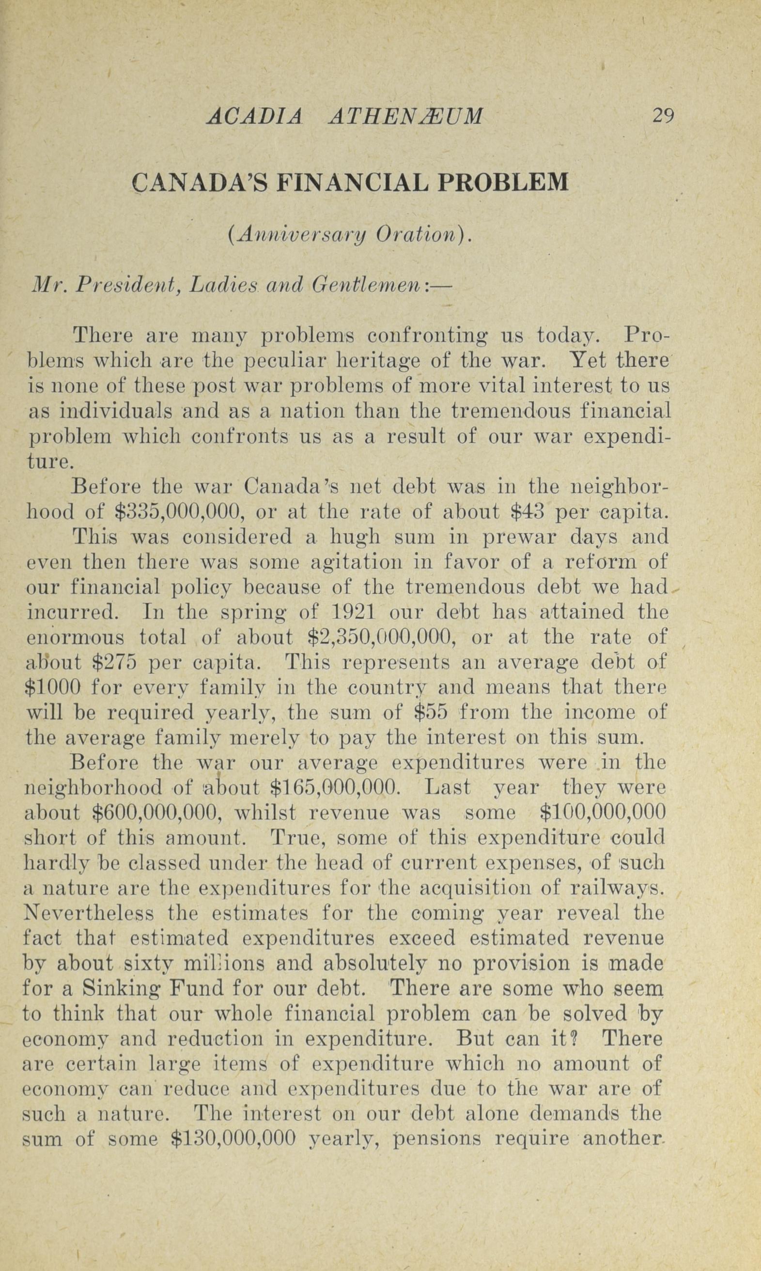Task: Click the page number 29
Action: tap(663, 116)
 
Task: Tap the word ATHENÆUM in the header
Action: tap(404, 117)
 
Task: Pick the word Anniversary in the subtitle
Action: tap(298, 235)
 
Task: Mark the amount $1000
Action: tap(53, 687)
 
